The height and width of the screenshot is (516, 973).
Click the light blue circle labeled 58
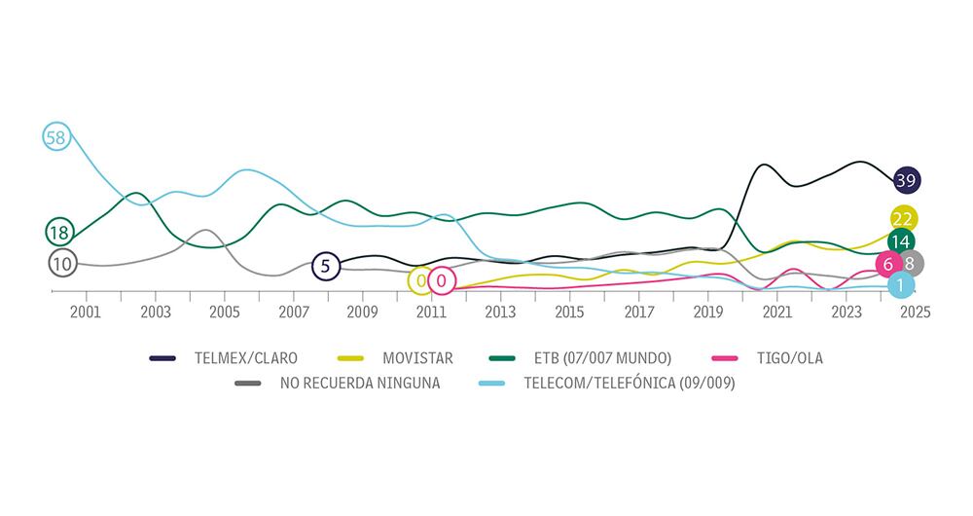(x=56, y=137)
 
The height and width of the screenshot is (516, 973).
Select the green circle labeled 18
(x=60, y=232)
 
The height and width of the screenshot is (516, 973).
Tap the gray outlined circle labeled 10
(x=61, y=263)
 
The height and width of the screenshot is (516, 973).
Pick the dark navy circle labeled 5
(x=326, y=266)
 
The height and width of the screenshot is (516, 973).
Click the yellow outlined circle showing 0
(x=420, y=281)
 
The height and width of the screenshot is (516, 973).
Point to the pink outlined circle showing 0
(x=441, y=281)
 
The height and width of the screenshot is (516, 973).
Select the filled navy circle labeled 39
(x=907, y=180)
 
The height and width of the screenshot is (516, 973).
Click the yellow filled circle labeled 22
(x=901, y=218)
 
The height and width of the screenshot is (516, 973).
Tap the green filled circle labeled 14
(x=901, y=241)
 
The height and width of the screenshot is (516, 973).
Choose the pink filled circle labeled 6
(x=888, y=264)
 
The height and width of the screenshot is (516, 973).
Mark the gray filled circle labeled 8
(x=910, y=263)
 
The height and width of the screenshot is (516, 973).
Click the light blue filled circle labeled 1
(x=901, y=285)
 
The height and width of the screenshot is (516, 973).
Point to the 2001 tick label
(x=87, y=313)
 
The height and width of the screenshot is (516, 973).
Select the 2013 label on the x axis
(x=500, y=313)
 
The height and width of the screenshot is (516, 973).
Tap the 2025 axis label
(x=915, y=313)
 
